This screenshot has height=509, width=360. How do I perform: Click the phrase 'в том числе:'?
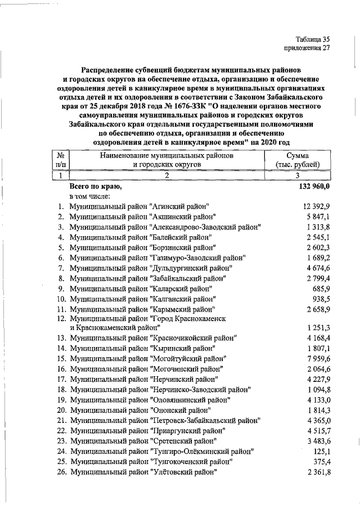click(x=90, y=196)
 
